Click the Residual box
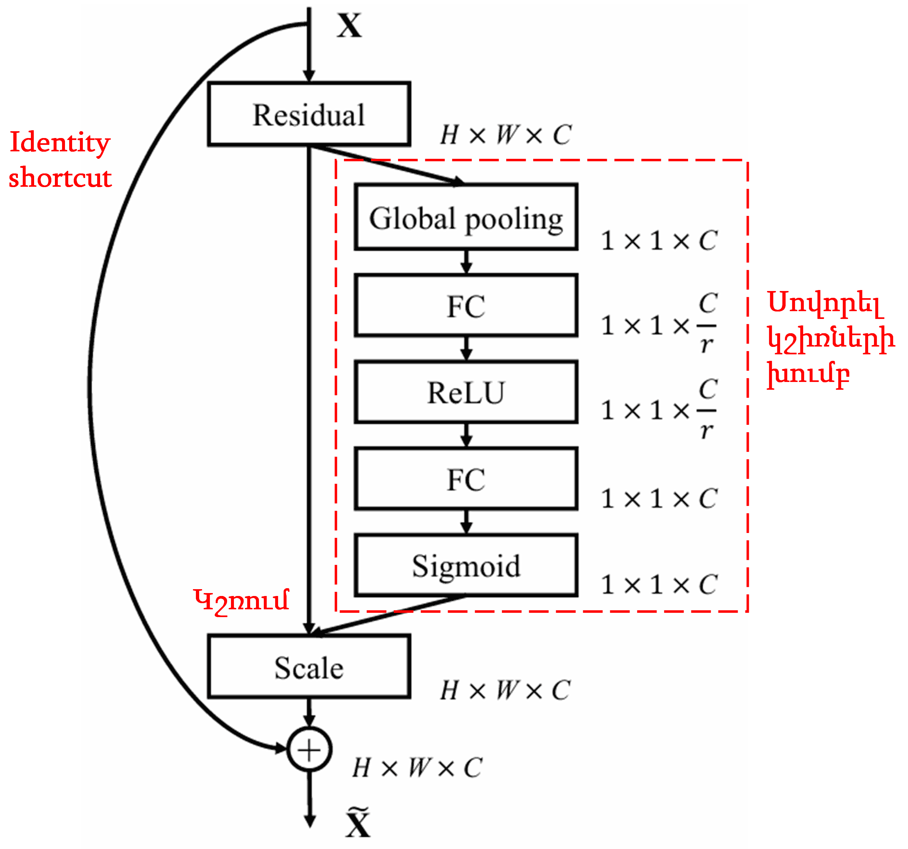[309, 114]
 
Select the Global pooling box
[466, 217]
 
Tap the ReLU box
[466, 392]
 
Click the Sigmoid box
[466, 565]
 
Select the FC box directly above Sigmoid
[466, 479]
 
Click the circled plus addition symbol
[309, 749]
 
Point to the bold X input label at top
[350, 26]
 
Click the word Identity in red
[60, 143]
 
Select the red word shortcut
[60, 178]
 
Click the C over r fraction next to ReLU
[707, 409]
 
